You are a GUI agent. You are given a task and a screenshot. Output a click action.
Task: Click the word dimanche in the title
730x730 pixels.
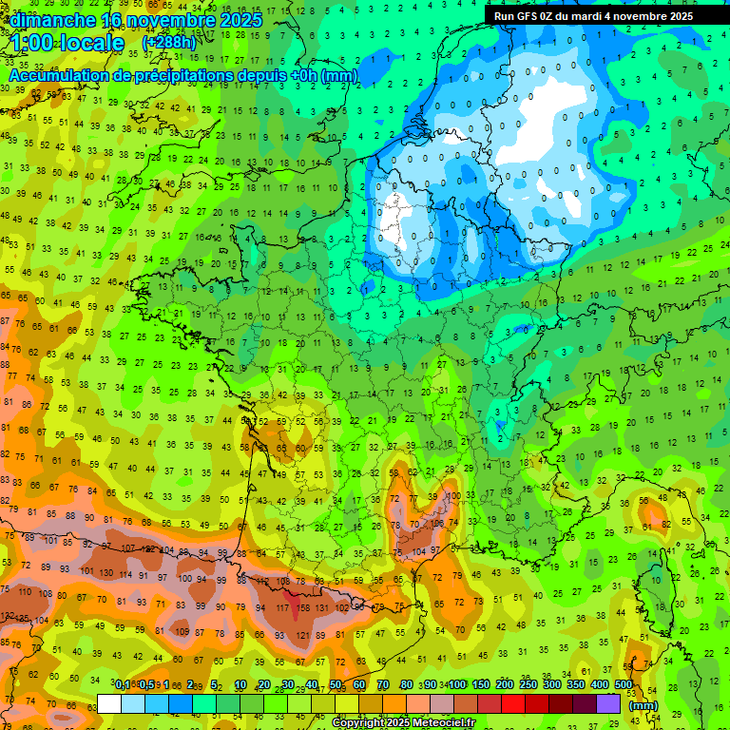tap(53, 19)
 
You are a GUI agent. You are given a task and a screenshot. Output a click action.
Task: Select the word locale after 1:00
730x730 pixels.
tap(90, 43)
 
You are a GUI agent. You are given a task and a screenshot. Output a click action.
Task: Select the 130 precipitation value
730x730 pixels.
tap(105, 573)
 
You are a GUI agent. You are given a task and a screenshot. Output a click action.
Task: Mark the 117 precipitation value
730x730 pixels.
tap(282, 607)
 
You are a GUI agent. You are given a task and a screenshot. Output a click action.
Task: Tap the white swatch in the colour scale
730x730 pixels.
tap(109, 704)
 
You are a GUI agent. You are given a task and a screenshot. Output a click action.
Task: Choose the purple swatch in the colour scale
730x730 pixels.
tap(609, 704)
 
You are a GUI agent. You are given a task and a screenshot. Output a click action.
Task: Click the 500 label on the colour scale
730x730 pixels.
tap(624, 684)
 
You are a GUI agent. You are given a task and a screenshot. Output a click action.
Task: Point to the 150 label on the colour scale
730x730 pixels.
tap(481, 684)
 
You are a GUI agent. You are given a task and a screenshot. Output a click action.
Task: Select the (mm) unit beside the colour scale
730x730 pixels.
tap(644, 705)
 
